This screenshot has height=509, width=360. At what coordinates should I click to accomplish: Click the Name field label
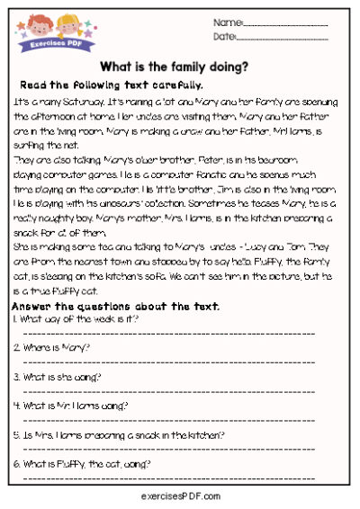228,22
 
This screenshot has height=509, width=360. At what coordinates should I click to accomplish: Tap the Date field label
224,37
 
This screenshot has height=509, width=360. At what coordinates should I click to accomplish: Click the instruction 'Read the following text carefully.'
112,85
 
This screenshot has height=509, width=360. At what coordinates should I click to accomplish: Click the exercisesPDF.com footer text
180,496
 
